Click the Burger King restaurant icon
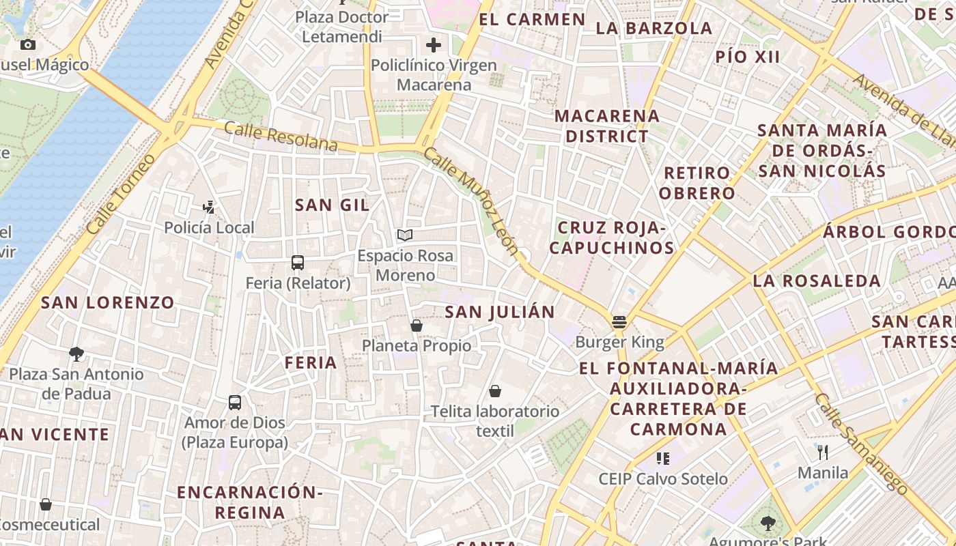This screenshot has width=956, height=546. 619,321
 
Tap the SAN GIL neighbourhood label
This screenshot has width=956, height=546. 332,205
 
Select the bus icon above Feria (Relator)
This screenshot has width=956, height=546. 298,263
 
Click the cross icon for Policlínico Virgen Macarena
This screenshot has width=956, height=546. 433,46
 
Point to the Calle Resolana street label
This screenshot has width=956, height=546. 281,136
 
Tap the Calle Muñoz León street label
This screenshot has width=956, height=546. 471,201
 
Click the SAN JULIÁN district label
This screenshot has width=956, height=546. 500,312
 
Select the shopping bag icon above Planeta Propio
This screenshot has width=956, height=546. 417,326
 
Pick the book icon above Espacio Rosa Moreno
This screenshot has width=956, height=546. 405,235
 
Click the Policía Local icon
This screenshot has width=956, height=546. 209,207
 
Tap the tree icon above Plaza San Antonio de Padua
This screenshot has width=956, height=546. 76,354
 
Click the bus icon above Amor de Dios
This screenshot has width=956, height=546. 235,403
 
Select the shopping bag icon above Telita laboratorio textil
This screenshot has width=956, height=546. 495,391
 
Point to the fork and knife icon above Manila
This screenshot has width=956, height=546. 823,452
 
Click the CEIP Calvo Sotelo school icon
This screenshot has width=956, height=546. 662,458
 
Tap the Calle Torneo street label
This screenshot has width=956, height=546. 122,195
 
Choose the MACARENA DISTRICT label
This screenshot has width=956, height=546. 607,126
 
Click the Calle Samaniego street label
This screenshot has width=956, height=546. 861,444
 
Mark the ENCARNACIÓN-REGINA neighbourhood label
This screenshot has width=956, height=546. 249,502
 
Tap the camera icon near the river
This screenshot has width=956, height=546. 28,45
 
